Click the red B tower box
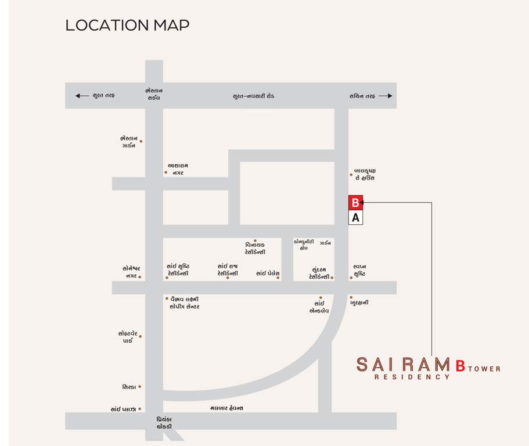(355, 203)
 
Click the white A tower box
(355, 218)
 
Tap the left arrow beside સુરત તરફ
(82, 96)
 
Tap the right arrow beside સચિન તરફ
(386, 96)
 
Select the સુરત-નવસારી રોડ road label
(253, 96)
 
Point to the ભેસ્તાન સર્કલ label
(154, 94)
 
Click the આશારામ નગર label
(178, 169)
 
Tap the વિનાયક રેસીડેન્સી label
(255, 249)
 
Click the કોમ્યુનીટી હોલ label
(304, 244)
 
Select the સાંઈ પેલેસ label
(268, 273)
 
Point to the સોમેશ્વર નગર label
(131, 272)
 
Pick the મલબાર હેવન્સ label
(226, 408)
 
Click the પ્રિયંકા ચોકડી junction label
(164, 423)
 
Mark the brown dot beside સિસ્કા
(140, 387)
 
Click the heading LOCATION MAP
(127, 26)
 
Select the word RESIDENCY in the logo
(412, 377)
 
